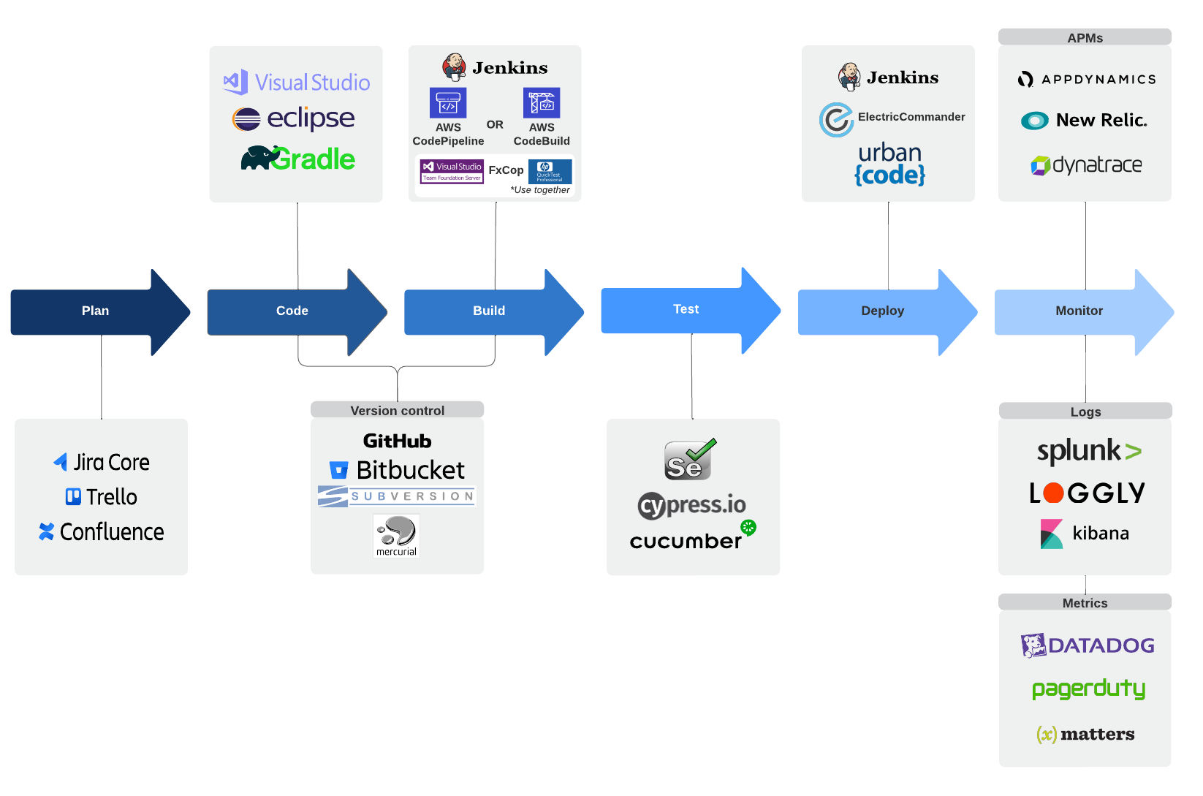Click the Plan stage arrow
point(95,311)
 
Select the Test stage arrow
point(686,310)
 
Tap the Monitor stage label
point(1079,311)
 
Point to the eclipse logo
point(294,118)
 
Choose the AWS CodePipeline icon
point(447,103)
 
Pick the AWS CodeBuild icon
point(541,103)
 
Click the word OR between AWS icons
point(495,125)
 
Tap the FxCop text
point(506,170)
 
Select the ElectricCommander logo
point(892,118)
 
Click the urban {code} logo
point(889,164)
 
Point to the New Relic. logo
point(1085,121)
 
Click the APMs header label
point(1085,38)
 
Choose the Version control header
point(397,411)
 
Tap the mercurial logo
point(396,536)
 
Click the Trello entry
point(102,497)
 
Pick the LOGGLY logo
point(1086,493)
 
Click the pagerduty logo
point(1088,689)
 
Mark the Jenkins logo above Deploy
point(888,77)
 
